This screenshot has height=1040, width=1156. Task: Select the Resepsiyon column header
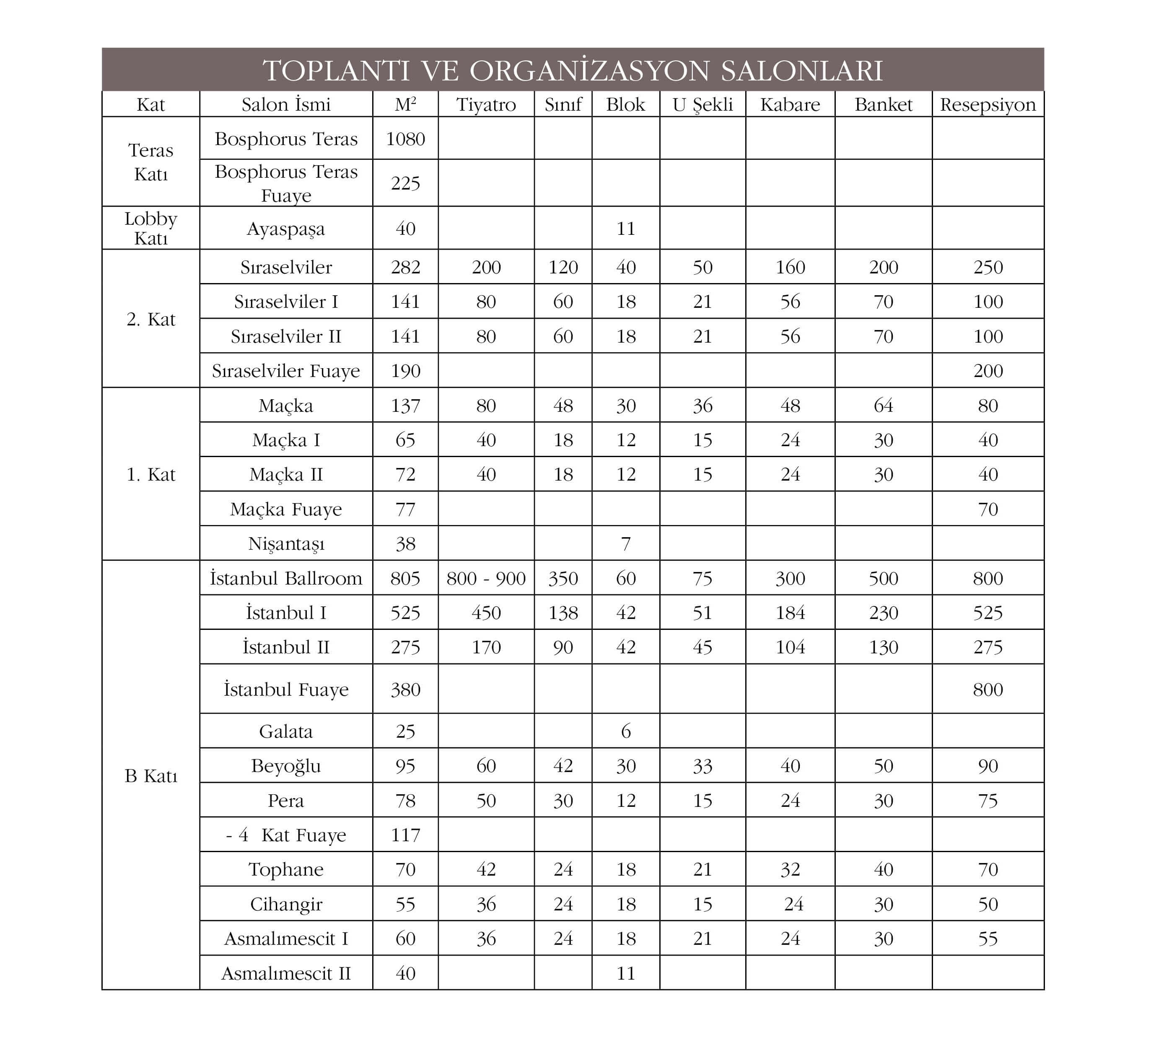pyautogui.click(x=988, y=104)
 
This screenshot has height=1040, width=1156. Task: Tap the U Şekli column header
pyautogui.click(x=702, y=104)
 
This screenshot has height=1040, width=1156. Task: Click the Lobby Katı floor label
pyautogui.click(x=151, y=228)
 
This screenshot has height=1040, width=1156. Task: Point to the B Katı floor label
pyautogui.click(x=151, y=775)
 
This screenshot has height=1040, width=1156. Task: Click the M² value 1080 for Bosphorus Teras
pyautogui.click(x=405, y=139)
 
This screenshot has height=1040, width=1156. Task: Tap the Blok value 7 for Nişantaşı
pyautogui.click(x=625, y=543)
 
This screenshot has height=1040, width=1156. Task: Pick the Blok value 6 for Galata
pyautogui.click(x=625, y=731)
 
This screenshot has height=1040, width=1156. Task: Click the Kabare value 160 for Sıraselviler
pyautogui.click(x=790, y=267)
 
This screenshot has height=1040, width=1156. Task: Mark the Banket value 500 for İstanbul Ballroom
pyautogui.click(x=883, y=578)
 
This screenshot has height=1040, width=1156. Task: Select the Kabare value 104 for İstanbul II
pyautogui.click(x=790, y=647)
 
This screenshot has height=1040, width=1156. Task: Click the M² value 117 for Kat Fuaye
pyautogui.click(x=405, y=835)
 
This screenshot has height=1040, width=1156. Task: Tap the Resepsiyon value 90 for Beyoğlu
pyautogui.click(x=988, y=766)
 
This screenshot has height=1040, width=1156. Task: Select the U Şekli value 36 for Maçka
pyautogui.click(x=702, y=405)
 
